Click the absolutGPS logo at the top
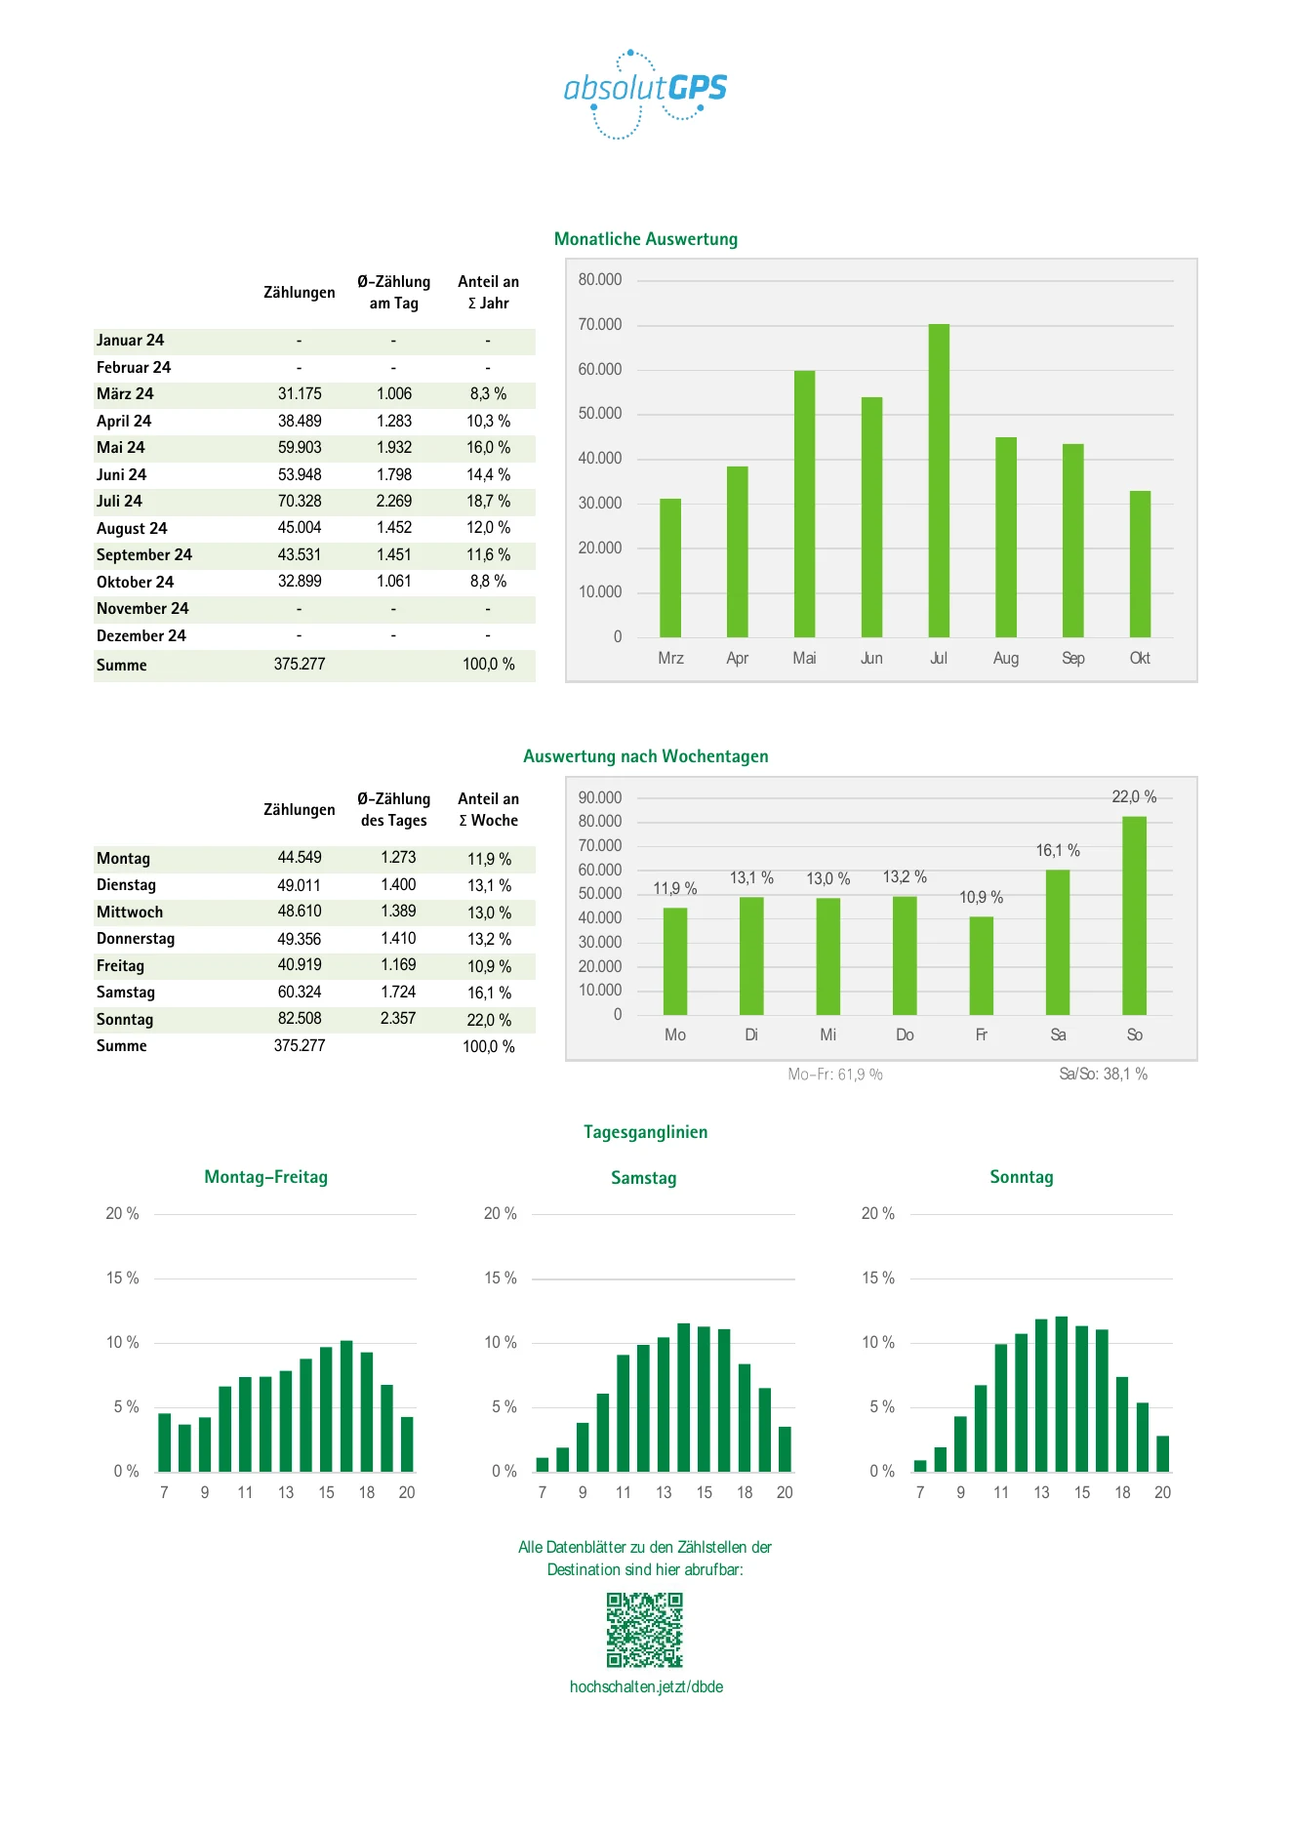(x=645, y=94)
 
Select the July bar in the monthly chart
(x=939, y=480)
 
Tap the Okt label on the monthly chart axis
(x=1140, y=659)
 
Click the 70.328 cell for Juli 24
(x=300, y=502)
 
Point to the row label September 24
(x=144, y=555)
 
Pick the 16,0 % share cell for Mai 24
(x=488, y=448)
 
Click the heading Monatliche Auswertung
(x=646, y=239)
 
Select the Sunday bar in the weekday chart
(x=1134, y=915)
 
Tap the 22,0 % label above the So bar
(x=1134, y=797)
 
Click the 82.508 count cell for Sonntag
(x=300, y=1019)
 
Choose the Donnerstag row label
(x=136, y=939)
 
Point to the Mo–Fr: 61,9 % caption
(x=835, y=1075)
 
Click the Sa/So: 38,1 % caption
(x=1104, y=1075)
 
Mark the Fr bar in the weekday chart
(x=982, y=966)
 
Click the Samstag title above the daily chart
(x=644, y=1178)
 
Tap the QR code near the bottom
(x=645, y=1630)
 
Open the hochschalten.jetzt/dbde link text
(x=646, y=1687)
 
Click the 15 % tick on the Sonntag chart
(x=878, y=1278)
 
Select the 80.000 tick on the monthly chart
(x=599, y=280)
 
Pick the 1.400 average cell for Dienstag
(x=398, y=885)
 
